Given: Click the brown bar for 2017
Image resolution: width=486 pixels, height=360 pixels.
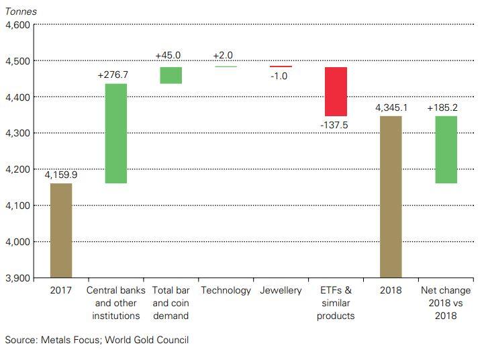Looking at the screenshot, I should click(61, 230).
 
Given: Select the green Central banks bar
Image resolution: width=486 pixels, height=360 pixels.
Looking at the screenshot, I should click(116, 133).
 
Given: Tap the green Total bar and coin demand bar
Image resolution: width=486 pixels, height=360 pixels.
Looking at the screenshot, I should click(171, 75).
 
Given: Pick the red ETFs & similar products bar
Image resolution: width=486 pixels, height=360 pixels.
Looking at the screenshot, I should click(336, 91).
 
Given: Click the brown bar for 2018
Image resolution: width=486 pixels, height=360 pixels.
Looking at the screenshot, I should click(391, 196).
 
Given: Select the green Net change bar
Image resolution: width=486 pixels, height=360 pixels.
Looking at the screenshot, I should click(446, 149).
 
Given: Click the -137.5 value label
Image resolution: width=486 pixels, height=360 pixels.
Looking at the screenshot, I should click(336, 125).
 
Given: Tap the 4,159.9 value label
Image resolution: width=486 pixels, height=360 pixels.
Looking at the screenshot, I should click(61, 175).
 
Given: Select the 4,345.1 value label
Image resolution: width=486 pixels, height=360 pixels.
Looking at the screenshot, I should click(391, 107).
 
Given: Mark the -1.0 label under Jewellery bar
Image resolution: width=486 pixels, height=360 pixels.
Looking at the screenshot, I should click(279, 76).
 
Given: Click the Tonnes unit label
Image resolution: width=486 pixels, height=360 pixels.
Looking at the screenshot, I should click(21, 11).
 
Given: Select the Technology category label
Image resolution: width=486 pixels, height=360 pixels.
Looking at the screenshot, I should click(226, 291).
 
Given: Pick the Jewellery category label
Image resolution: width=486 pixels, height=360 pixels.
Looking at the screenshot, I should click(281, 291).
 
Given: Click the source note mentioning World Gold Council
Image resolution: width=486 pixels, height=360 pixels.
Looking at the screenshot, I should click(97, 340).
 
